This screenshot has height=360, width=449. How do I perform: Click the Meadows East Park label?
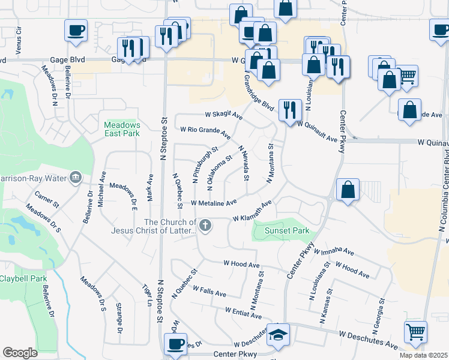pos(121,128)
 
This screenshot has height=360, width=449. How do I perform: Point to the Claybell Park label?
pos(23,279)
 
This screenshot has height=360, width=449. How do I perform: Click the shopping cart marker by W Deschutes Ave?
pos(415,332)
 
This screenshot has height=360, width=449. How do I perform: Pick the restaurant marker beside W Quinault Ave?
pos(291,109)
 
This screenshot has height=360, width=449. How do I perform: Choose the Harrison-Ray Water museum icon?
pos(76,177)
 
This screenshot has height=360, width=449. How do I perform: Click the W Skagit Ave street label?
pos(223,114)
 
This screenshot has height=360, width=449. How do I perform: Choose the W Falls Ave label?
pos(209,291)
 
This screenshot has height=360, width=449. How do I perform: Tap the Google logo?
pos(20,353)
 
